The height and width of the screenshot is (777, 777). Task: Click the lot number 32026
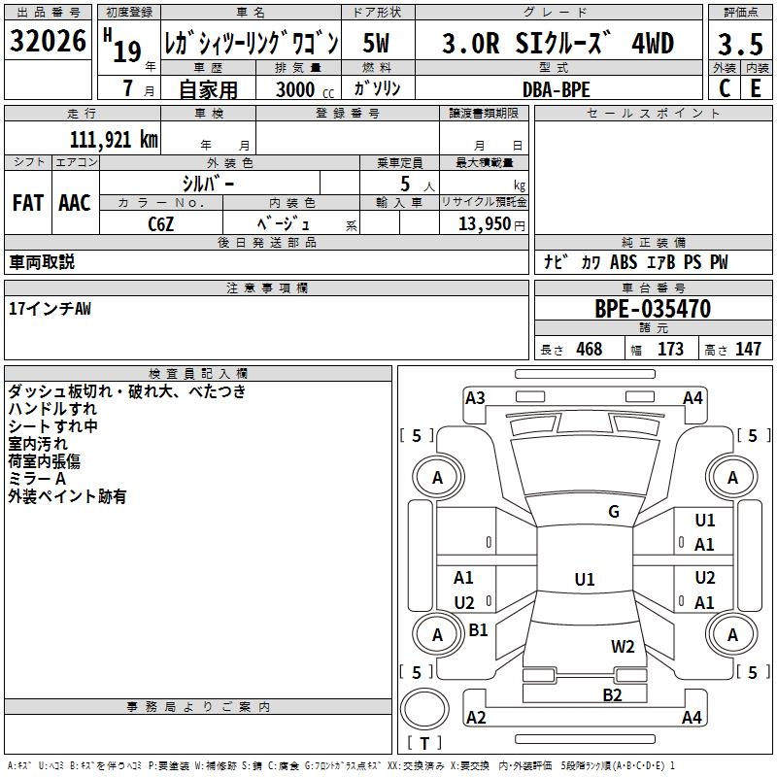(x=48, y=44)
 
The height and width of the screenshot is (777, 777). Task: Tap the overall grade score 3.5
(x=740, y=45)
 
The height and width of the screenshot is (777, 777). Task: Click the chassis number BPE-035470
(x=653, y=310)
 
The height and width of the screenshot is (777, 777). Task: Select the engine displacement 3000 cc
(x=296, y=89)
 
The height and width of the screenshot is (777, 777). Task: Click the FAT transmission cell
(x=27, y=203)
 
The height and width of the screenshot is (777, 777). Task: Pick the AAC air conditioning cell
(x=75, y=203)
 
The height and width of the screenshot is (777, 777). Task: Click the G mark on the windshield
(x=614, y=512)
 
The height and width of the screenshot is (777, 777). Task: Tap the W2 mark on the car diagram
(x=623, y=646)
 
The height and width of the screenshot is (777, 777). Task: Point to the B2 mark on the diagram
(x=612, y=694)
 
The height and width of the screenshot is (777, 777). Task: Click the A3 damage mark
(x=475, y=397)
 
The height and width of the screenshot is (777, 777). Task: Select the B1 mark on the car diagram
(x=478, y=630)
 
